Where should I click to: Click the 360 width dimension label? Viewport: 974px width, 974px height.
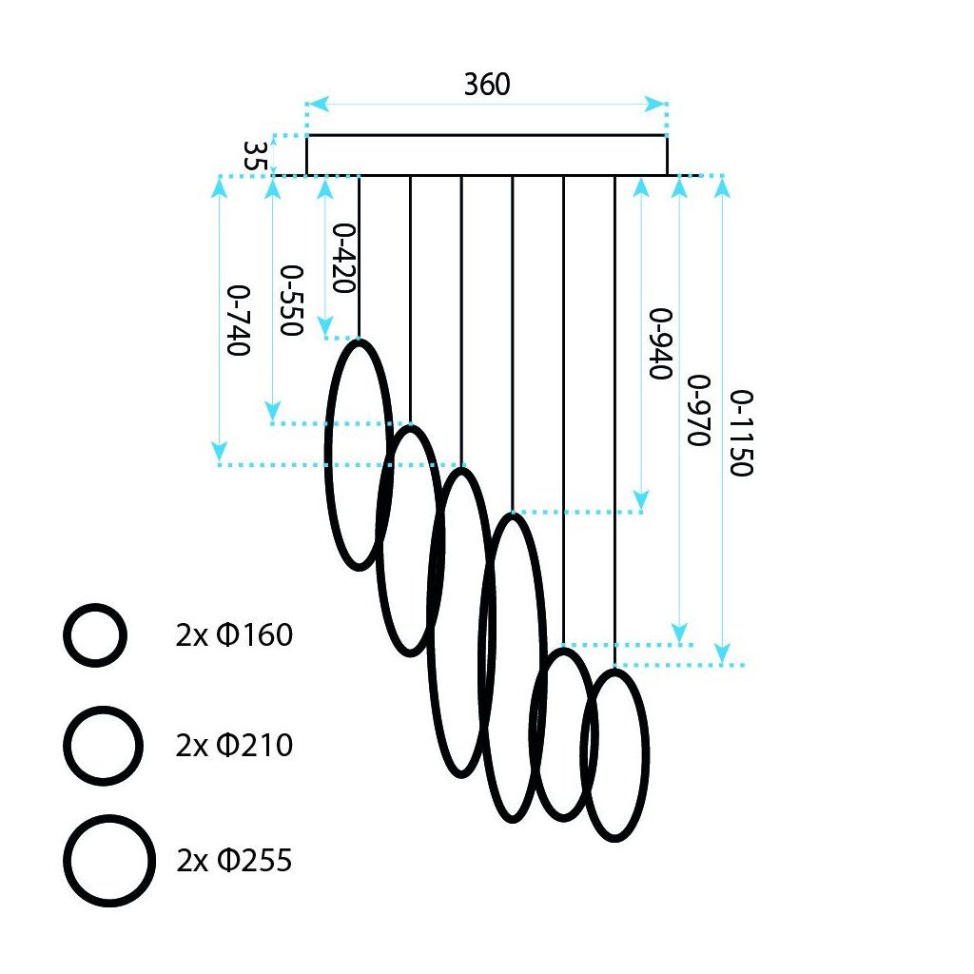tap(487, 85)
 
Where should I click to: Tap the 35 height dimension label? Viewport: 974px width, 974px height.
tap(253, 156)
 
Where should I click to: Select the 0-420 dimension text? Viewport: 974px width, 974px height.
tap(343, 258)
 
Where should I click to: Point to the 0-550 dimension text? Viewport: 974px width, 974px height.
tap(290, 300)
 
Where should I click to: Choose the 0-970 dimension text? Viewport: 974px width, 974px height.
tap(699, 410)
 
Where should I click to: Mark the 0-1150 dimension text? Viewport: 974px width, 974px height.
tap(742, 433)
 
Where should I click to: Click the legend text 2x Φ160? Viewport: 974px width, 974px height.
tap(234, 634)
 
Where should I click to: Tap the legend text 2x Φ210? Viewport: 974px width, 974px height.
tap(234, 746)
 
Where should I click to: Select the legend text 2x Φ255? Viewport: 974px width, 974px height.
tap(234, 861)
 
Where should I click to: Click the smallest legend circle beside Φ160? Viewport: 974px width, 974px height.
tap(94, 634)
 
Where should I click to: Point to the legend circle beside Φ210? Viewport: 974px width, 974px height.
tap(103, 745)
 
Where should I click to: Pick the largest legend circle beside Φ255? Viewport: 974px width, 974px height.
tap(109, 860)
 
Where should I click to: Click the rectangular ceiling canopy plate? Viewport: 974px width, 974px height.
tap(486, 155)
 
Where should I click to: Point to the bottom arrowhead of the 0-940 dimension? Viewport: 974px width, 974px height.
tap(641, 500)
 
